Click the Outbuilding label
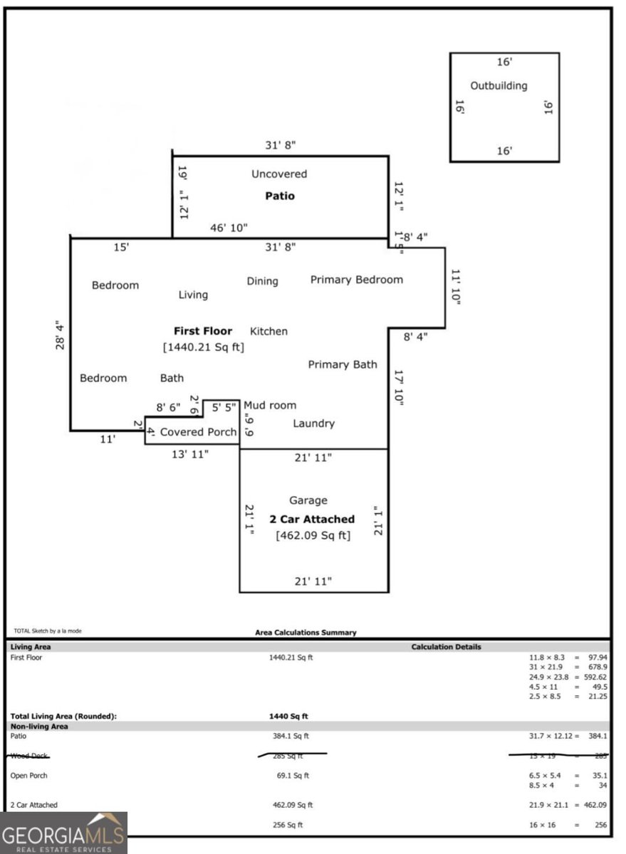[x=499, y=86]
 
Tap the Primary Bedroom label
[x=356, y=280]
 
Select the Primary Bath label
[x=343, y=364]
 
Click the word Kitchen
[x=268, y=331]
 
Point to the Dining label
[x=262, y=281]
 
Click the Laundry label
[x=313, y=423]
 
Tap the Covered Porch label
[x=198, y=432]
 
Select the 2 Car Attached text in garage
[x=312, y=519]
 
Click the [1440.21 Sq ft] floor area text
[x=204, y=347]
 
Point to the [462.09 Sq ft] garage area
[x=313, y=535]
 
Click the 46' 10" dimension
[x=228, y=228]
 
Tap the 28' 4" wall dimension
[x=61, y=334]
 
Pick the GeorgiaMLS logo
[x=63, y=833]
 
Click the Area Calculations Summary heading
[x=306, y=632]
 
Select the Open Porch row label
[x=28, y=775]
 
